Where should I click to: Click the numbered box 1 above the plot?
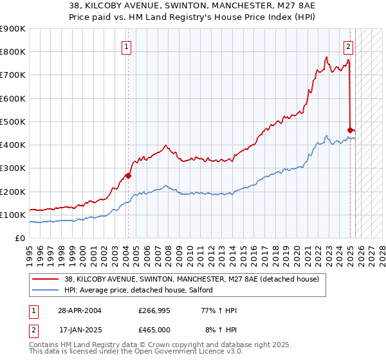point(127,46)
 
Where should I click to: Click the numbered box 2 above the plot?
point(348,46)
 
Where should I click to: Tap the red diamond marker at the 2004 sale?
point(128,175)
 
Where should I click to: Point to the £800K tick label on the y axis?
point(13,52)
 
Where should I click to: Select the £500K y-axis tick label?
point(13,122)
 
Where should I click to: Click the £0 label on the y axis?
point(20,239)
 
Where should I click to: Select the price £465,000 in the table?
point(154,329)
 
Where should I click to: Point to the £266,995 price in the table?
point(154,310)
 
